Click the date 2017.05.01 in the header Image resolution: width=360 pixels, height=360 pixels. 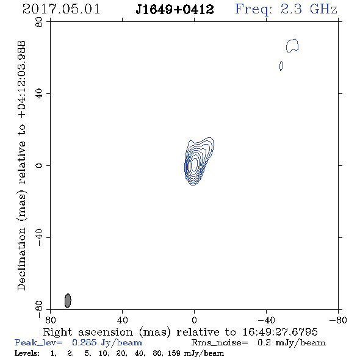click(61, 9)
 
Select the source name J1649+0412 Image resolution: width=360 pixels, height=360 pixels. click(175, 10)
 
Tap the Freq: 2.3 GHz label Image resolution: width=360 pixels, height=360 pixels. click(286, 10)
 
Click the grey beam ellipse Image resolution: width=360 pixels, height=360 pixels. click(68, 301)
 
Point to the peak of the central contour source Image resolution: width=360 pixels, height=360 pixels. click(194, 164)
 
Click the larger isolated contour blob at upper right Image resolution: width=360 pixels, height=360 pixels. click(292, 46)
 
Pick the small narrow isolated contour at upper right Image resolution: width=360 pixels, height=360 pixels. click(281, 66)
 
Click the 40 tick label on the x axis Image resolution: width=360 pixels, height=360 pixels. click(122, 320)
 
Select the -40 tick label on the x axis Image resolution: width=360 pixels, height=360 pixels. click(266, 320)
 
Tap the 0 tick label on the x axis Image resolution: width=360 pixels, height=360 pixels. click(194, 320)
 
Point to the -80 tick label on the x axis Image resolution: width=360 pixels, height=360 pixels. click(338, 320)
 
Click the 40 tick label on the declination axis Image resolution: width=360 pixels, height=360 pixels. click(39, 94)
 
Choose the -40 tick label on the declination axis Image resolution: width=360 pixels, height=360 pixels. click(39, 237)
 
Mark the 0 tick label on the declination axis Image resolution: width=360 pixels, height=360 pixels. click(39, 165)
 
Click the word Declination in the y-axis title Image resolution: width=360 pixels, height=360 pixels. click(22, 259)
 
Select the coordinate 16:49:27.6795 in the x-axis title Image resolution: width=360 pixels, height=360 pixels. click(280, 332)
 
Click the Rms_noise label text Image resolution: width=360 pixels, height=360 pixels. click(220, 343)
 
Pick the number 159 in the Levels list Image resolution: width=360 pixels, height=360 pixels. click(174, 353)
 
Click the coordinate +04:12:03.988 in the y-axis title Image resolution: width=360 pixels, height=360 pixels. click(22, 79)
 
